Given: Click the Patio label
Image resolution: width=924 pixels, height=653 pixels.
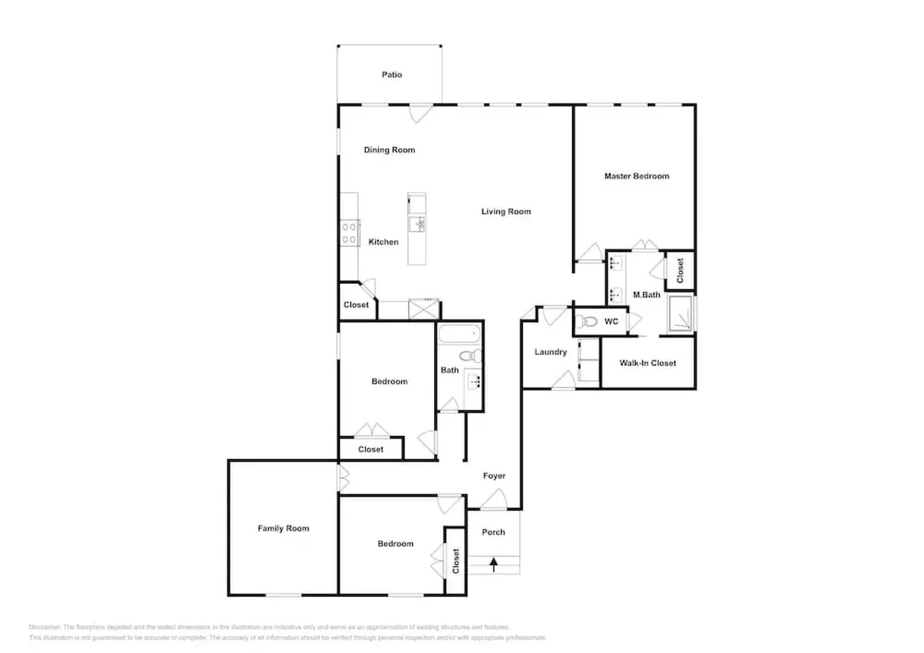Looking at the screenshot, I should click(391, 74).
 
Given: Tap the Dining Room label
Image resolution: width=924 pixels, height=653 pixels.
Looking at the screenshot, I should click(389, 150).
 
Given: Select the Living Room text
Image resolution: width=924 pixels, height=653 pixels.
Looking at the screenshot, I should click(506, 212).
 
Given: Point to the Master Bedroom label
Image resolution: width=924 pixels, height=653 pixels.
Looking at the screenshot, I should click(636, 176).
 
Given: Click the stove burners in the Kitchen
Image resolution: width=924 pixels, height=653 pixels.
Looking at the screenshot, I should click(349, 233).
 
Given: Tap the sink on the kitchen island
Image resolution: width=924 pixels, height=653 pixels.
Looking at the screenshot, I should click(417, 224).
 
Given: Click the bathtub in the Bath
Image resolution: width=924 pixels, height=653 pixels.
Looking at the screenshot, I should click(458, 334).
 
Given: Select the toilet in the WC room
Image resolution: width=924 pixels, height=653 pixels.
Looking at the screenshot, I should click(588, 322).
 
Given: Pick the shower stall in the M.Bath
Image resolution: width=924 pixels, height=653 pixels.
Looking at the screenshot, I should click(680, 313).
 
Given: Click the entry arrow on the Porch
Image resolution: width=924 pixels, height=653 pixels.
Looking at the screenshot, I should click(493, 565).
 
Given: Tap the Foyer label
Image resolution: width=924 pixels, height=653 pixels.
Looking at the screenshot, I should click(493, 476).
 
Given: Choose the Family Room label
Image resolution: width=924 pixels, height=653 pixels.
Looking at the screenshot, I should click(283, 528).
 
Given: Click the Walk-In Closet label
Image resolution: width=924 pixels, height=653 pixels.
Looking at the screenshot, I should click(647, 363).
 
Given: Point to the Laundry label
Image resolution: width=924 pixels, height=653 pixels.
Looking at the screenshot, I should click(550, 352).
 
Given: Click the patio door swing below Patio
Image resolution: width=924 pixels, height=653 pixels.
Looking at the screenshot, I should click(420, 113).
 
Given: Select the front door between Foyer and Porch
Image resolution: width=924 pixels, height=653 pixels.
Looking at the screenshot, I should click(494, 501).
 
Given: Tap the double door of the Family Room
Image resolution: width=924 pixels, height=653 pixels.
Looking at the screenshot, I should click(343, 478).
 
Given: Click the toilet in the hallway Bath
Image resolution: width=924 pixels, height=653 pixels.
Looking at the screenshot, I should click(469, 355).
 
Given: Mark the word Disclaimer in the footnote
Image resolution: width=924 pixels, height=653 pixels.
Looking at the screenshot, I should click(45, 627).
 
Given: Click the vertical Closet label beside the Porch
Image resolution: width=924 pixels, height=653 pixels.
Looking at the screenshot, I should click(455, 561).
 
